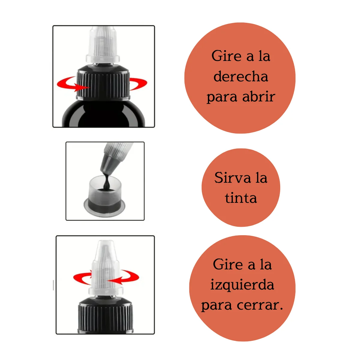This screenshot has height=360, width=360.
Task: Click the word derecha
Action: [x=241, y=76]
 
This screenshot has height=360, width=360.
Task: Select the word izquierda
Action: [x=242, y=285]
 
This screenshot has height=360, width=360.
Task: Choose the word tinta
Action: [x=241, y=198]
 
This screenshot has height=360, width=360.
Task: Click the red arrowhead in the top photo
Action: [x=82, y=87]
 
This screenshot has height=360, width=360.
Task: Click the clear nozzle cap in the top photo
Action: [x=103, y=45]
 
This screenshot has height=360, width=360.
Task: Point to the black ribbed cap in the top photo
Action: [x=103, y=82]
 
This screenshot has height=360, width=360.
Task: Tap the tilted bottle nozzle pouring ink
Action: [x=114, y=157]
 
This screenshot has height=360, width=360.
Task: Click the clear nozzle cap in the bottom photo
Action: [x=106, y=268]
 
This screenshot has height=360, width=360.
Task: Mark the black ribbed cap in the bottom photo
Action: [x=106, y=315]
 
